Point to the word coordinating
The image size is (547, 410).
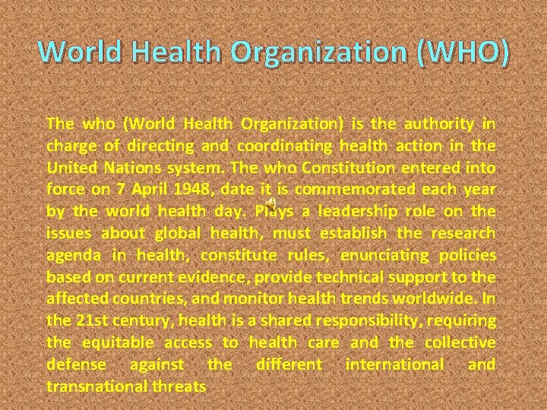[x=284, y=145]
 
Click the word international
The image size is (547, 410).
[x=394, y=365]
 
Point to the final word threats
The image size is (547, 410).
[x=179, y=387]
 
